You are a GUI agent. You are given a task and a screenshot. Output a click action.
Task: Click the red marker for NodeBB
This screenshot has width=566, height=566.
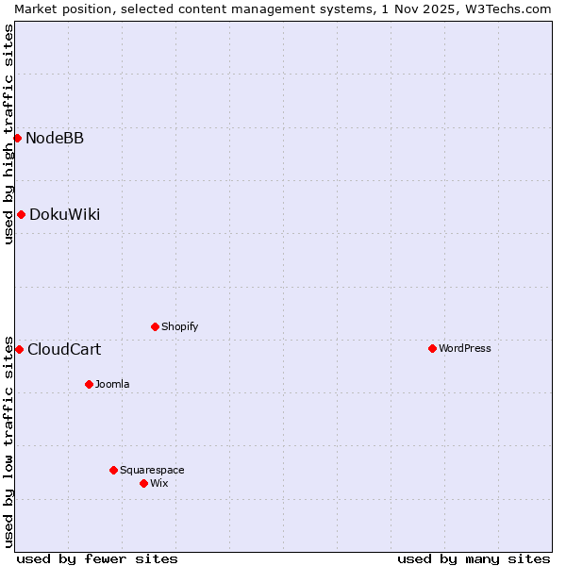(17, 138)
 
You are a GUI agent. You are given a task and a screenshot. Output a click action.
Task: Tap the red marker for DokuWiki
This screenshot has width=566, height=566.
(21, 214)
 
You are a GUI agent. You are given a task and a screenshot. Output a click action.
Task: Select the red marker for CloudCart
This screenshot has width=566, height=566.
(19, 349)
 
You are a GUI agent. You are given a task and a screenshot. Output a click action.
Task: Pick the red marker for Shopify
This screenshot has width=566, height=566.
(155, 326)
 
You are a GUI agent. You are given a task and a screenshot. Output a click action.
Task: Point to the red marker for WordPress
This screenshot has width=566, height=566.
(432, 348)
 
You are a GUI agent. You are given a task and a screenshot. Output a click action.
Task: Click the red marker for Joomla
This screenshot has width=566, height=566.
(89, 384)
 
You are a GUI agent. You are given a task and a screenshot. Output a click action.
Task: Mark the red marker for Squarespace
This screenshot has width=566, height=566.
(113, 470)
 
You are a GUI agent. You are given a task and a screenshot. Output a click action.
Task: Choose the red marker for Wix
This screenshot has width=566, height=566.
(143, 483)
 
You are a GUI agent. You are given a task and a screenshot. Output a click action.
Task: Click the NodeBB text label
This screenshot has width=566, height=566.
(55, 139)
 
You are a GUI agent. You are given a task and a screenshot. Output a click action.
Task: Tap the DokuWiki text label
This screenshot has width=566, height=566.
(64, 215)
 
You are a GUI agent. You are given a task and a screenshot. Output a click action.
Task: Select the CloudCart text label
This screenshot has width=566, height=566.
(64, 350)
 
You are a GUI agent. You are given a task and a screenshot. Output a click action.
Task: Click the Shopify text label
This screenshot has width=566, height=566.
(179, 327)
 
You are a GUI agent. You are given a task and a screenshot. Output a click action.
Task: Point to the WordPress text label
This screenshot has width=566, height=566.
(465, 349)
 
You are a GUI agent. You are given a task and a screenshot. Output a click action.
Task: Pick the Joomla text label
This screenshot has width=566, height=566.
(112, 385)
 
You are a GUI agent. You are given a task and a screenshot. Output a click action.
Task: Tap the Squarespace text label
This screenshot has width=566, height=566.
(152, 471)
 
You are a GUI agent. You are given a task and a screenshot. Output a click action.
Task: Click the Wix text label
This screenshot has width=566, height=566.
(159, 484)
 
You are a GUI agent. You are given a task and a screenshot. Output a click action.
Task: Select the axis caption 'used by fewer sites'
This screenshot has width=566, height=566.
(97, 558)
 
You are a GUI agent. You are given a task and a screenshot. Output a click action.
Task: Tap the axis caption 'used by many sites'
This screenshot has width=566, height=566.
(474, 558)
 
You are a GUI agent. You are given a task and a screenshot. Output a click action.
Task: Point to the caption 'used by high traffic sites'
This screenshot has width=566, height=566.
(8, 134)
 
